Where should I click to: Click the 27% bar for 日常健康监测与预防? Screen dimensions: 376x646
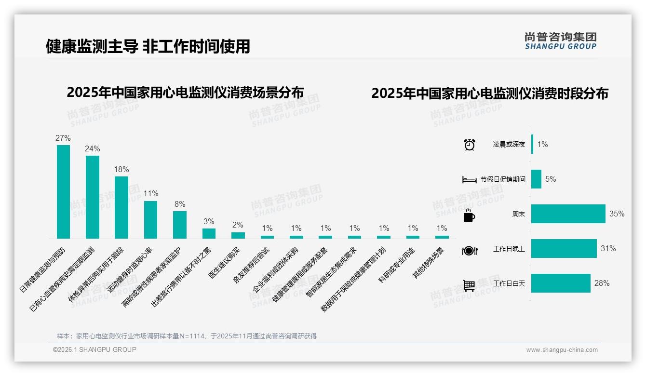tap(63, 192)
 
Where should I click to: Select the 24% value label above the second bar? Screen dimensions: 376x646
tap(93, 148)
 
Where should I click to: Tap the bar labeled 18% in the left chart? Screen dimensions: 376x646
tap(121, 207)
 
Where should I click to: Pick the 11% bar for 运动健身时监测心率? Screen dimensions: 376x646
tap(150, 219)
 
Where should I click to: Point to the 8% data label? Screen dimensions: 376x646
tap(180, 204)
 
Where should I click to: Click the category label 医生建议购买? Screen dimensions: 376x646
tap(225, 263)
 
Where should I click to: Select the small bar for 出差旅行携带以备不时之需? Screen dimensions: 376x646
tap(209, 233)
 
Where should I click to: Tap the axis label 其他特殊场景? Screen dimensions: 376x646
tap(428, 263)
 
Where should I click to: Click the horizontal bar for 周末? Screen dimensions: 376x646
tap(568, 214)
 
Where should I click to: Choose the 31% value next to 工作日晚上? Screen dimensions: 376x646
tap(608, 249)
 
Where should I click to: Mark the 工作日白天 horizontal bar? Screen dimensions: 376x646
tap(561, 283)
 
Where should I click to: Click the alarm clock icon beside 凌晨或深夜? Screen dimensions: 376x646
tap(469, 145)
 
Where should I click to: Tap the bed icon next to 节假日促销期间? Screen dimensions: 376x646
tap(469, 180)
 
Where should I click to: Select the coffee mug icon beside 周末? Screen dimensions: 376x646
tap(469, 215)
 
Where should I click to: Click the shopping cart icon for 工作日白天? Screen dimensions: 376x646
tap(469, 285)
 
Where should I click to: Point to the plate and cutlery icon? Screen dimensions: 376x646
tap(469, 250)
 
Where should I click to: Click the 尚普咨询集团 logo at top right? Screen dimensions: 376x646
tap(560, 40)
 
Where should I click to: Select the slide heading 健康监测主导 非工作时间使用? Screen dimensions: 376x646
tap(148, 46)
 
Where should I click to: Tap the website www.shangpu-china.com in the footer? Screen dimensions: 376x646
tap(562, 350)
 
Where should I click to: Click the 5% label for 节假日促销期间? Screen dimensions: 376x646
tap(551, 179)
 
